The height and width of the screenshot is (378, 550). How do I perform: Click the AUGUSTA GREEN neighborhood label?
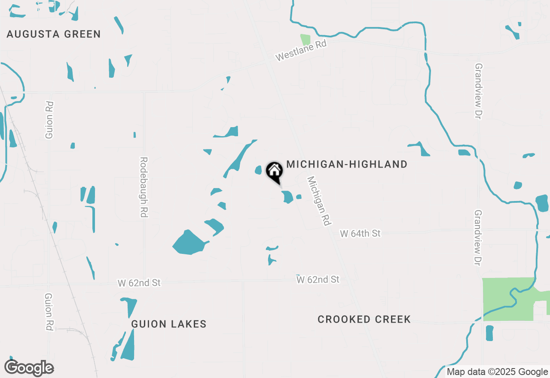coord(54,34)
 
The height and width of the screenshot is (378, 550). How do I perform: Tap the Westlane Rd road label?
coord(301,51)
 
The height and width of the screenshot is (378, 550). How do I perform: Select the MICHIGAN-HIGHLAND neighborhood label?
coord(347,164)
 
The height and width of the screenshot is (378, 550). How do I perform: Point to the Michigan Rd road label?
coord(318,201)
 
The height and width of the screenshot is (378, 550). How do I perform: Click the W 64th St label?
coord(360,234)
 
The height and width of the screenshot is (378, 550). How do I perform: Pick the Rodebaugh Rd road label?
coord(144,187)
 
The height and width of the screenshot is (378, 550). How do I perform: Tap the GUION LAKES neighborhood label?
coord(169,324)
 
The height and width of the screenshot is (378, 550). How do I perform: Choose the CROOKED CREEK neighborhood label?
coord(364,319)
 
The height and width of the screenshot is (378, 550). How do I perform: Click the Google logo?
coord(29,368)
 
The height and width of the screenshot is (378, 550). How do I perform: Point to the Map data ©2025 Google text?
coord(497,372)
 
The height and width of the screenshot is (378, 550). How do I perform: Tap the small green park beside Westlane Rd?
coord(305,40)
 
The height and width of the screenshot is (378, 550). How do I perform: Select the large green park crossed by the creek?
coord(507,299)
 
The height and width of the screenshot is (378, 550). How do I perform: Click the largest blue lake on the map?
coord(189,244)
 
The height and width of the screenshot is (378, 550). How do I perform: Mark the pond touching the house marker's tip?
coord(287,197)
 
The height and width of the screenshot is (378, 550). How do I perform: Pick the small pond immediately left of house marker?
coord(258,170)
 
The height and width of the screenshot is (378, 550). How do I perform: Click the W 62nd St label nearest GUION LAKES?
coord(139,283)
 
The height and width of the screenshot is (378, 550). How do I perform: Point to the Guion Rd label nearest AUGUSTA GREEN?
coord(49,120)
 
